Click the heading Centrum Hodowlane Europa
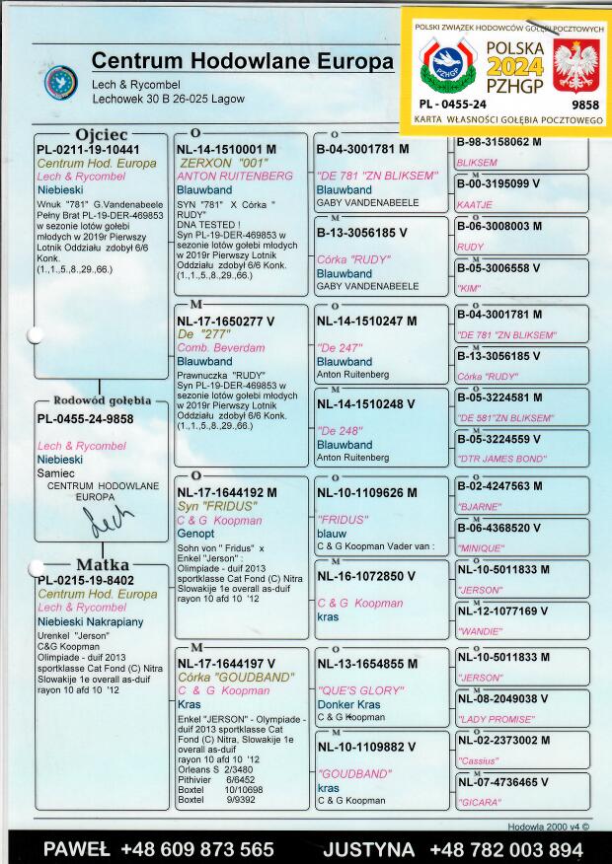pyautogui.click(x=242, y=61)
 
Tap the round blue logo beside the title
pyautogui.click(x=61, y=81)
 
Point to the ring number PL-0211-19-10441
pyautogui.click(x=88, y=149)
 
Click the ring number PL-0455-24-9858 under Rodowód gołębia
pyautogui.click(x=85, y=419)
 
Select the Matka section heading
pyautogui.click(x=103, y=564)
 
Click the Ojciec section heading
pyautogui.click(x=102, y=134)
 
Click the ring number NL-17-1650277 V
pyautogui.click(x=226, y=321)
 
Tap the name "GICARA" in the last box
pyautogui.click(x=481, y=803)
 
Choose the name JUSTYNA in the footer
pyautogui.click(x=369, y=849)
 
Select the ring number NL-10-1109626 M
pyautogui.click(x=365, y=490)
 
